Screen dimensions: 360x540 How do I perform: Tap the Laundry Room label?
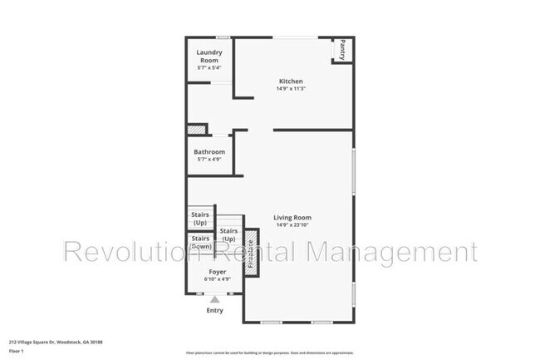[x=209, y=57]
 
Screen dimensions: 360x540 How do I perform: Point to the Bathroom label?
[x=209, y=152]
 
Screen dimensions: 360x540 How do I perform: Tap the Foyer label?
[x=218, y=272]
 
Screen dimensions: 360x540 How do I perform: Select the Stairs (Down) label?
[x=200, y=243]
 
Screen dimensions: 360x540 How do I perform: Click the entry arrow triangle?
[x=215, y=298]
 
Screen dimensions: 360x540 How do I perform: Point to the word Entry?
[x=215, y=310]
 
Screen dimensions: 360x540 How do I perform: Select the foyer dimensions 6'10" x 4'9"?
[x=218, y=279]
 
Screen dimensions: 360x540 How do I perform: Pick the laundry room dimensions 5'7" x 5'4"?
[x=209, y=67]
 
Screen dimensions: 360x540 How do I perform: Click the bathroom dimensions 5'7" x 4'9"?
[x=209, y=160]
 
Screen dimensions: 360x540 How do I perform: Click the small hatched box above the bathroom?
[x=195, y=130]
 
